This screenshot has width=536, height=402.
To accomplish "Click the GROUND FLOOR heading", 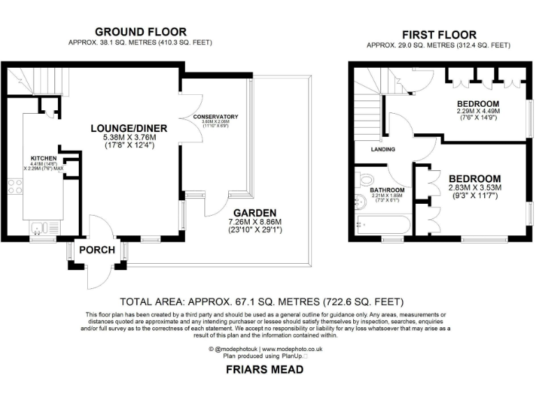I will (140, 31).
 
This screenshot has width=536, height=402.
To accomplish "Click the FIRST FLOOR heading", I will (440, 34).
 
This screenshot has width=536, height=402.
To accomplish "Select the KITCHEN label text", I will (38, 158).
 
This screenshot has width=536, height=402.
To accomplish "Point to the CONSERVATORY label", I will (216, 117).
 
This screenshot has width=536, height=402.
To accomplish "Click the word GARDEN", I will (255, 213).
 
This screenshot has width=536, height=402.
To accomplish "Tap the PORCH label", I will (93, 250).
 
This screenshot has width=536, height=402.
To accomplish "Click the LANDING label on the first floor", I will (383, 149).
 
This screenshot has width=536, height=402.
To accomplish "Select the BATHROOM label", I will (387, 190).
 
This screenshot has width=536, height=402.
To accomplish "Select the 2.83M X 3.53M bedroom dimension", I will (475, 188).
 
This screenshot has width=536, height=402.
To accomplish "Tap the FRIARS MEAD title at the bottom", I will (265, 370).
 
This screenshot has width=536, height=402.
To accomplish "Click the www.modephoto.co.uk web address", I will (292, 348).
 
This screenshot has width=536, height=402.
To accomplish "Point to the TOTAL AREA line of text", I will (262, 302).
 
